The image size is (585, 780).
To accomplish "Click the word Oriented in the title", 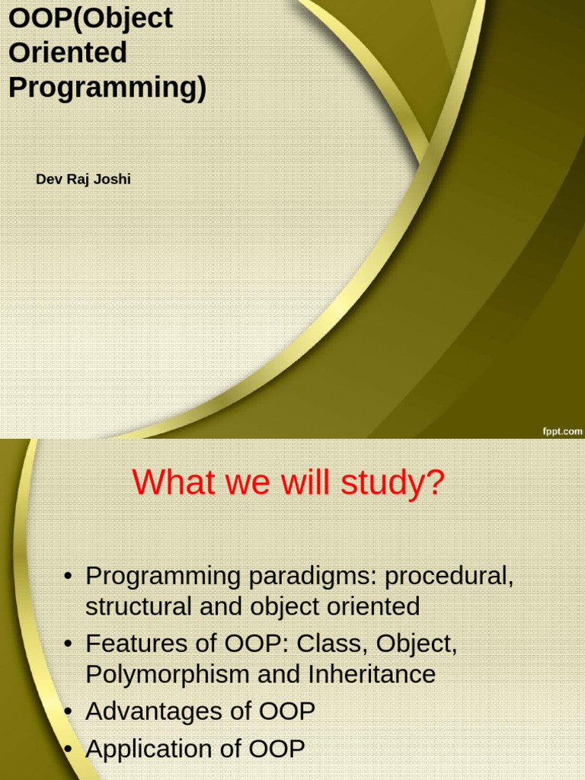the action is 68,53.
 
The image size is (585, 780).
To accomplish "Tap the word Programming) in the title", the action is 107,88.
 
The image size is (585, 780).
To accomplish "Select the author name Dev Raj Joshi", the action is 83,179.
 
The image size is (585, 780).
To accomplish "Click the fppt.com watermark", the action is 562,431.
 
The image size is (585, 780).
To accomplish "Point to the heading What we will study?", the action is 288,481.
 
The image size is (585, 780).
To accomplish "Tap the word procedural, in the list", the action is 449,577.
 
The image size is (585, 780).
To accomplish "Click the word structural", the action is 139,606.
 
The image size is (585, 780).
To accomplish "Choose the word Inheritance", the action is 372,674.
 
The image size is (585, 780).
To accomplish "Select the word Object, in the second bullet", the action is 417,644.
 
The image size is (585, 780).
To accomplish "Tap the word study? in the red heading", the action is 392,482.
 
